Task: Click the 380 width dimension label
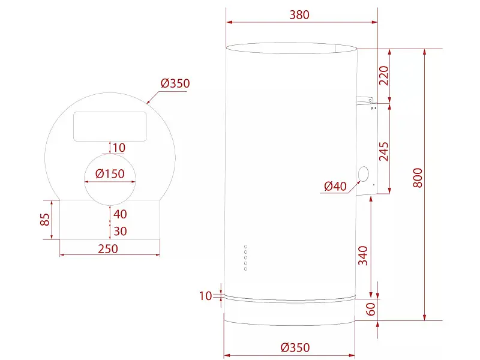299,14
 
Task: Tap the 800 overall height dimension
418,178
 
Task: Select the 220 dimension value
383,76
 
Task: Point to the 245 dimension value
383,151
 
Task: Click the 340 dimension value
363,256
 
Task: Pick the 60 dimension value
370,309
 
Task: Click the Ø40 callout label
335,186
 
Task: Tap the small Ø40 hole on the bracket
364,174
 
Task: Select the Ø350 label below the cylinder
295,347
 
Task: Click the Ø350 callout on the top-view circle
175,83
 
